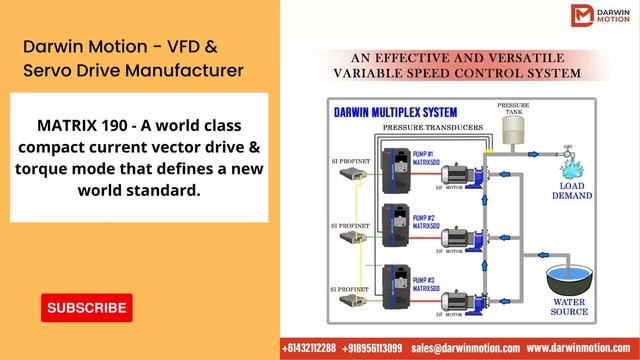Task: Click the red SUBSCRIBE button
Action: pyautogui.click(x=86, y=308)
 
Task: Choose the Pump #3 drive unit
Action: pyautogui.click(x=398, y=285)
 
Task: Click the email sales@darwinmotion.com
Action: pyautogui.click(x=466, y=348)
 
